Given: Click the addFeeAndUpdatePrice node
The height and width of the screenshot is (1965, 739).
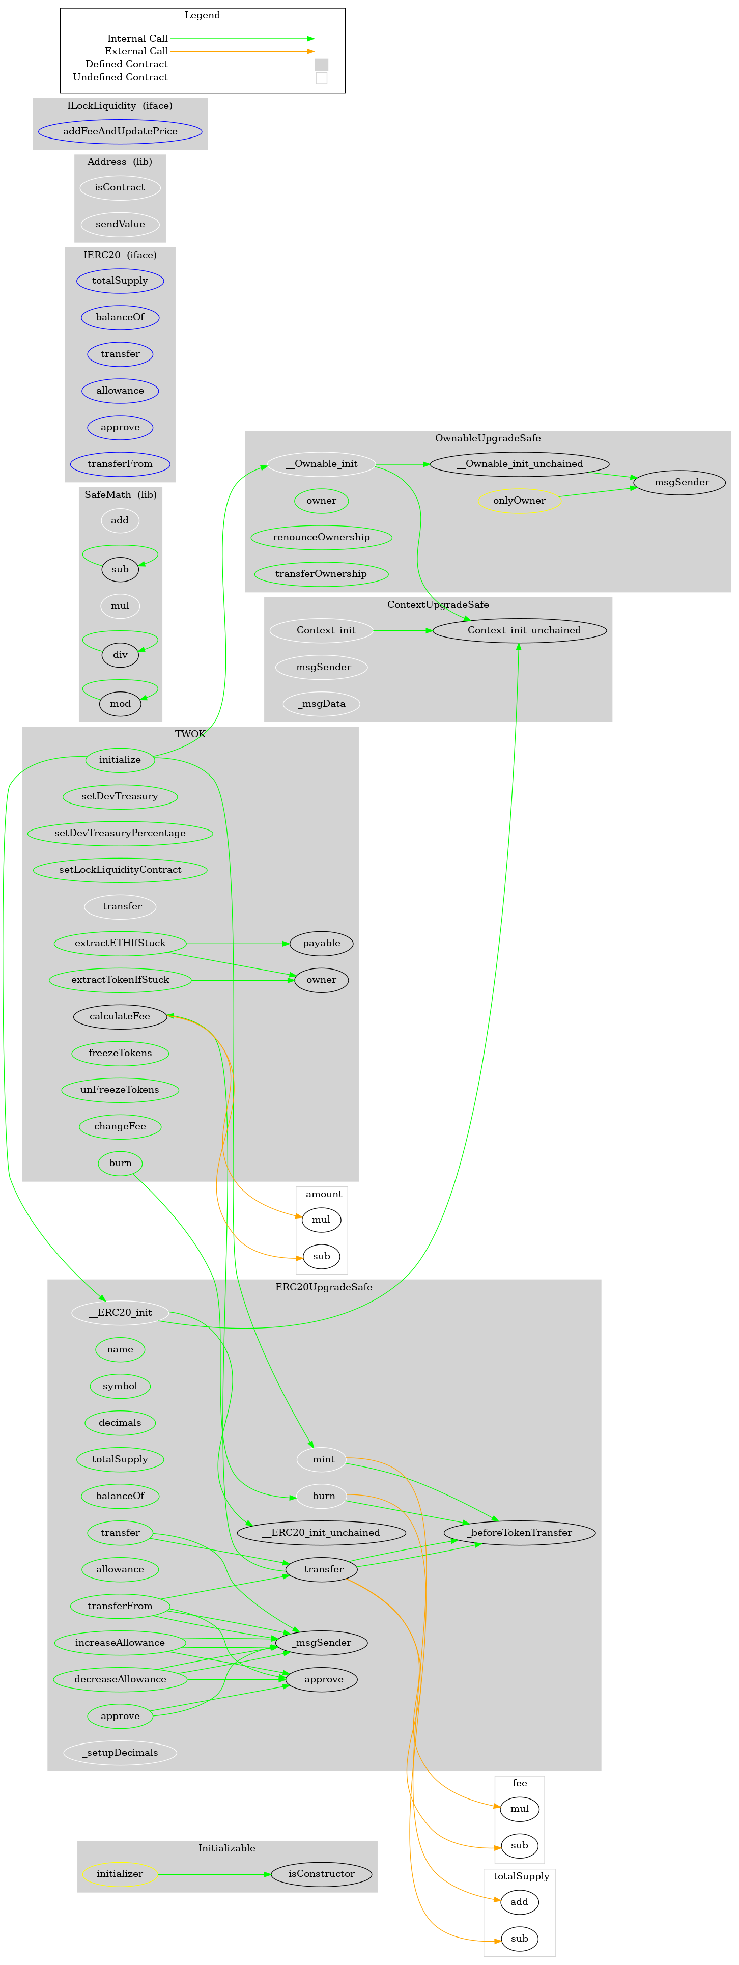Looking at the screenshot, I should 120,131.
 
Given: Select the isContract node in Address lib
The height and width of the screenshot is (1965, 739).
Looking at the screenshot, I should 120,188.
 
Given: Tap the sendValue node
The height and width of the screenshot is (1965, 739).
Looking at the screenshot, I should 120,224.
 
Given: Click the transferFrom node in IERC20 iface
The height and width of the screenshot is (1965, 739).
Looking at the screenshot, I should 120,464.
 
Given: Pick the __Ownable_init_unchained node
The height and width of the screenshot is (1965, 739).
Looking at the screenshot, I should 519,464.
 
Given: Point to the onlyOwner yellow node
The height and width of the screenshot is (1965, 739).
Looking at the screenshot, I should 519,501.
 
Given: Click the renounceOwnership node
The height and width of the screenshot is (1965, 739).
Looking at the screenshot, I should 321,537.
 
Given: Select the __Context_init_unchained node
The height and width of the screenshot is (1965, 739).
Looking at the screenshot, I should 519,630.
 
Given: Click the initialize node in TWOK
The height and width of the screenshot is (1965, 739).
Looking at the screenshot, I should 120,760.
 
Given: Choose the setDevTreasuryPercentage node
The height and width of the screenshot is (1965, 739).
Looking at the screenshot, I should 120,833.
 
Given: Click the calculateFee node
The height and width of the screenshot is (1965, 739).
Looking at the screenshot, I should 120,1016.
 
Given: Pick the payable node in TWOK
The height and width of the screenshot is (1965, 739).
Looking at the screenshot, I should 321,943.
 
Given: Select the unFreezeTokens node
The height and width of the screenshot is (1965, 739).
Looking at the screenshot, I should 120,1089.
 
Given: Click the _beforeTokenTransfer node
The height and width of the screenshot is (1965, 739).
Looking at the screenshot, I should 519,1533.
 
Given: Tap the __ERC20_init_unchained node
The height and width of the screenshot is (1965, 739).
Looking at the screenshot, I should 321,1533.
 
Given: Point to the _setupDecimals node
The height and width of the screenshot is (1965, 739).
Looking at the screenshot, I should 120,1752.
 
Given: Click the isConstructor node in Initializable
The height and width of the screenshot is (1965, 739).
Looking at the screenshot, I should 321,1873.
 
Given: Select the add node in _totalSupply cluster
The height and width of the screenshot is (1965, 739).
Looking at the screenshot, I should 519,1902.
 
